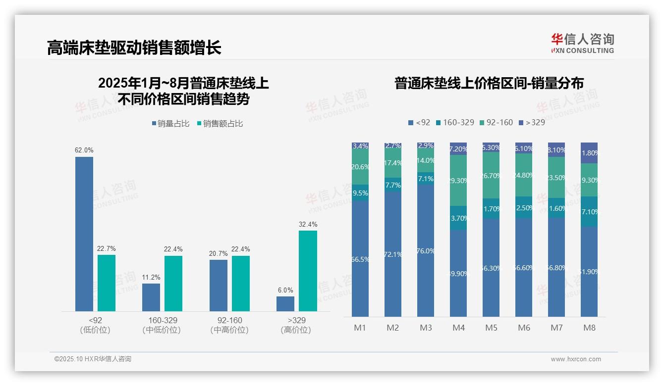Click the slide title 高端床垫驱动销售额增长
pyautogui.click(x=134, y=48)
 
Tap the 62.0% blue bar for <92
pyautogui.click(x=84, y=234)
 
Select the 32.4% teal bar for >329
pyautogui.click(x=308, y=271)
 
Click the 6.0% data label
pyautogui.click(x=285, y=290)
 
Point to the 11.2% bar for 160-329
pyautogui.click(x=151, y=297)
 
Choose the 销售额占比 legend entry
pyautogui.click(x=221, y=124)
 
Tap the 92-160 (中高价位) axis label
pyautogui.click(x=229, y=325)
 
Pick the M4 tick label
pyautogui.click(x=458, y=328)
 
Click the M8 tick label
pyautogui.click(x=589, y=328)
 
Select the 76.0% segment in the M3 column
pyautogui.click(x=426, y=251)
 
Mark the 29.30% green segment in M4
pyautogui.click(x=458, y=181)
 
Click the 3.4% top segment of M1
pyautogui.click(x=360, y=146)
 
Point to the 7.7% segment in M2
pyautogui.click(x=393, y=185)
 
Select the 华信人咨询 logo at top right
pyautogui.click(x=582, y=43)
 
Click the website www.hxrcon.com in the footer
pyautogui.click(x=575, y=359)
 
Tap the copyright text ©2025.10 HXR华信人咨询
pyautogui.click(x=93, y=359)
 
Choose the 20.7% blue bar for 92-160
pyautogui.click(x=219, y=285)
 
